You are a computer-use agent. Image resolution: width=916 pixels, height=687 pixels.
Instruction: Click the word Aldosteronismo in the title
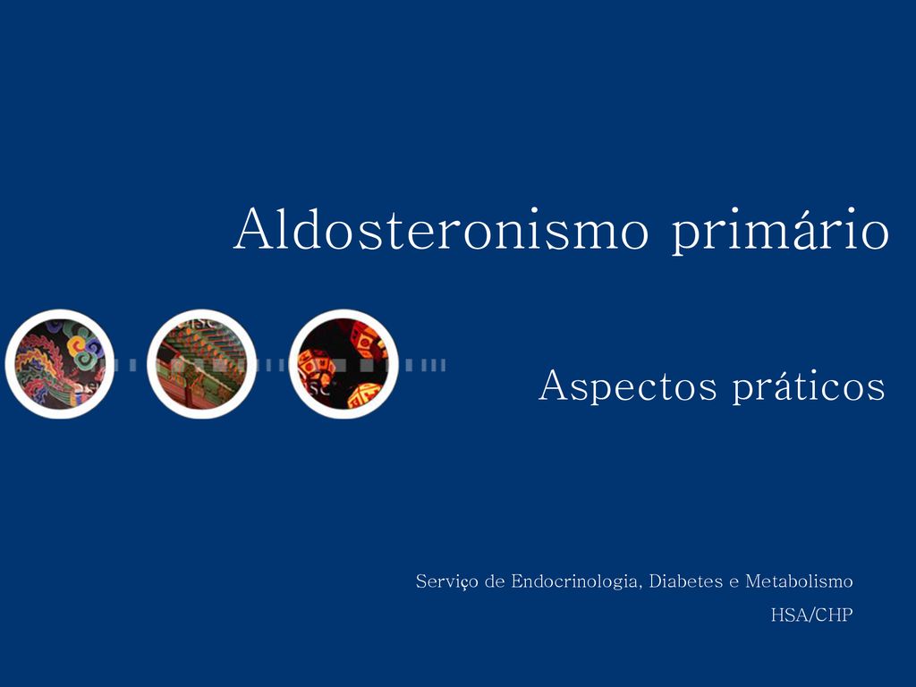coord(441,228)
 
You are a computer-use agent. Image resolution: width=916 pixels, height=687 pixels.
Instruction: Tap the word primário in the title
coord(780,230)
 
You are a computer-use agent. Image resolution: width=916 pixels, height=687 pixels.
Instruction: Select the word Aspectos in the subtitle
coord(627,386)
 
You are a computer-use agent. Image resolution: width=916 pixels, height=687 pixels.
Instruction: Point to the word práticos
coord(809,386)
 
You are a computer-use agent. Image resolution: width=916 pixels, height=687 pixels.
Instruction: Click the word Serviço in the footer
coord(447,581)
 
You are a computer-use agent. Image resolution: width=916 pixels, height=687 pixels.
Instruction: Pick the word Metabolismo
coord(799,581)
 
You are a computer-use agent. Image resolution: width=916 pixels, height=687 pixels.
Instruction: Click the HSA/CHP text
coord(811,615)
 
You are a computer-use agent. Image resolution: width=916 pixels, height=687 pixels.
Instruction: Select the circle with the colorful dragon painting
coord(60,363)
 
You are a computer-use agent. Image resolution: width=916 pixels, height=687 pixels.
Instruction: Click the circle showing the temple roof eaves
coord(201,363)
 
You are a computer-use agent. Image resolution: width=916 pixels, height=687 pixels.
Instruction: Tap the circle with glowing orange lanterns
coord(343,363)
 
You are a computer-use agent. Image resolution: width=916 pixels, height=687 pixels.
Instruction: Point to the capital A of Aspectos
coord(555,386)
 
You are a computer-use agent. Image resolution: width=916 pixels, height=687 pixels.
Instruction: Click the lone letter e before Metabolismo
coord(734,583)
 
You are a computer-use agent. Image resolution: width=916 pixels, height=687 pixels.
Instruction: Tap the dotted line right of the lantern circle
coord(422,365)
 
